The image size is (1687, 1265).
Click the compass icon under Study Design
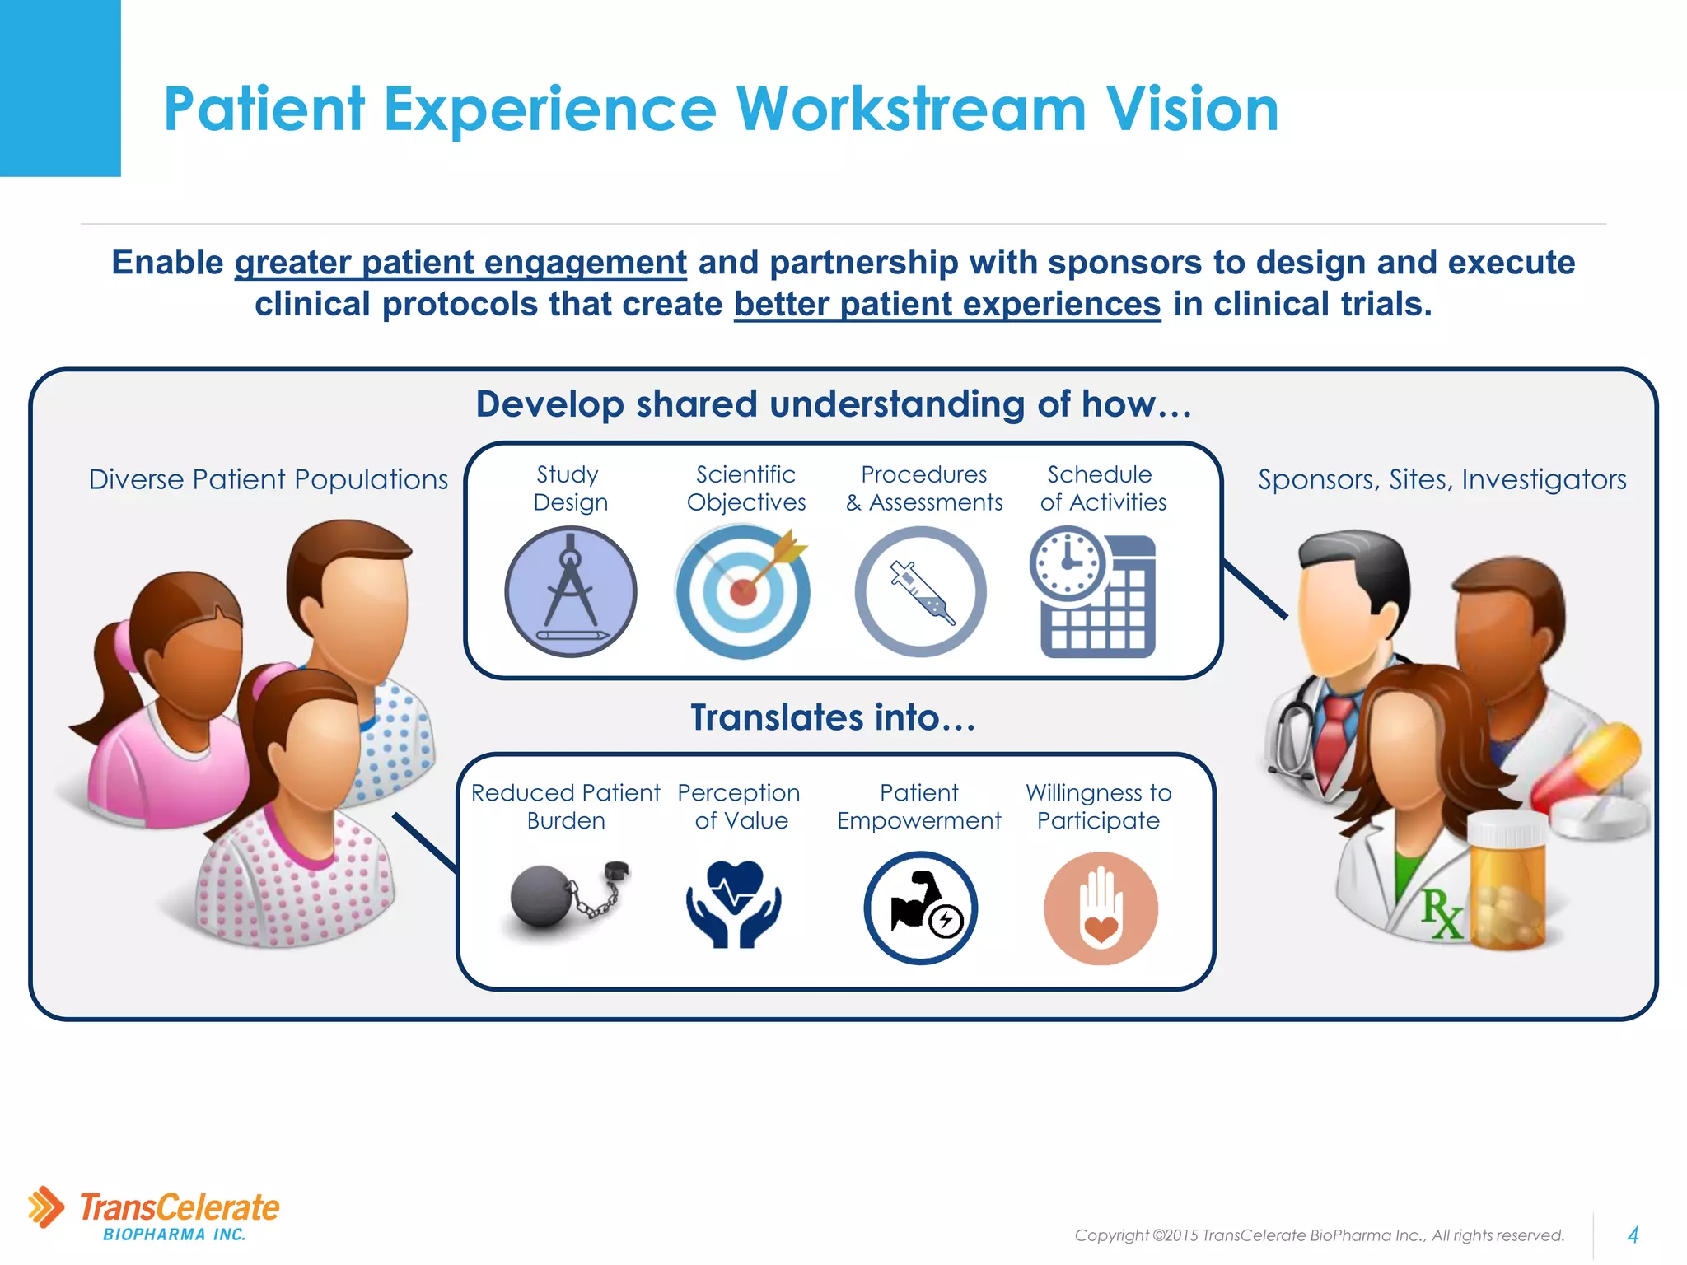570,591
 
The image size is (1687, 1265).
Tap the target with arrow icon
742,592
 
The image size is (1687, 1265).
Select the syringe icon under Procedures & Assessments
921,591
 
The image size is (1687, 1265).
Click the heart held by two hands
734,903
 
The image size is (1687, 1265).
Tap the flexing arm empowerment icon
921,908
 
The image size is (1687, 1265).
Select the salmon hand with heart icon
1101,908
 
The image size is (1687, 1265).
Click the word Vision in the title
1191,109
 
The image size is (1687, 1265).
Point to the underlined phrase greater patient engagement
460,263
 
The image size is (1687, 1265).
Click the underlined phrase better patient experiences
947,305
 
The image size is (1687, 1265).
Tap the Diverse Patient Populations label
268,479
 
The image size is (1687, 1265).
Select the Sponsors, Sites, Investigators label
1442,479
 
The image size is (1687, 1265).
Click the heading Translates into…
833,717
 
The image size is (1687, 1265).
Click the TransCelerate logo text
179,1208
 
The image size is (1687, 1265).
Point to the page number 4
1633,1235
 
